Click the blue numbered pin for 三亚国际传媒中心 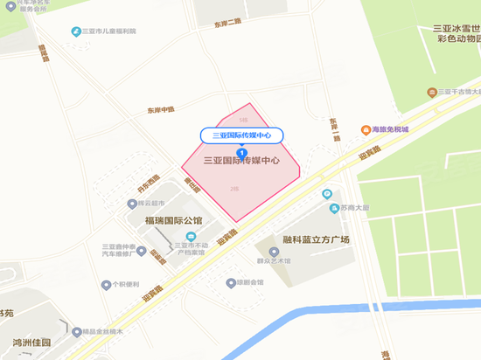pos(241,154)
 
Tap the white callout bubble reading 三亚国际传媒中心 pos(241,135)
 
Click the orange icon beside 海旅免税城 pos(365,130)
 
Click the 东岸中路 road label pos(161,111)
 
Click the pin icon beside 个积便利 pos(105,285)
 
